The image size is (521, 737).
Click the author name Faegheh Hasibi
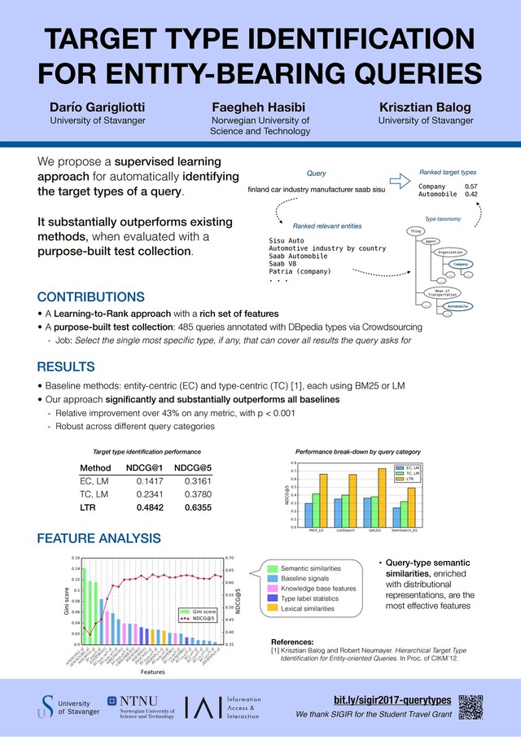click(x=259, y=107)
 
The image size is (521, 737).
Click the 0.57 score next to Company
click(x=471, y=186)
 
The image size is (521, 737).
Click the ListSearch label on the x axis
click(x=323, y=531)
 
